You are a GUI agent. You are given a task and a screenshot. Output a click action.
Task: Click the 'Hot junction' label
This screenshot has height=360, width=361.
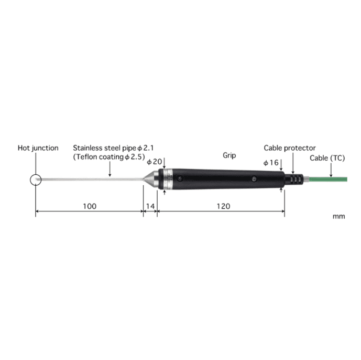click(38, 148)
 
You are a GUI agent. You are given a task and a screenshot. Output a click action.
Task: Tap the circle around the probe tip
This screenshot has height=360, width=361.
click(30, 180)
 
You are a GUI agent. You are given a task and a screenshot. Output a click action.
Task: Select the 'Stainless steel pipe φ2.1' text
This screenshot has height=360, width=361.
click(113, 148)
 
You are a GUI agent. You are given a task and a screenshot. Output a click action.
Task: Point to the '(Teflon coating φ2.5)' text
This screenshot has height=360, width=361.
click(109, 157)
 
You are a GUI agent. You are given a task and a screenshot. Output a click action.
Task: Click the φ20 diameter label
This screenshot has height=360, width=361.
click(154, 162)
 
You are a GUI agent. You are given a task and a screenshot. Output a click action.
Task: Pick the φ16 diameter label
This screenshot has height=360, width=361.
click(271, 163)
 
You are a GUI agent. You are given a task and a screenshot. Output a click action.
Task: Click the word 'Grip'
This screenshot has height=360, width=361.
click(229, 155)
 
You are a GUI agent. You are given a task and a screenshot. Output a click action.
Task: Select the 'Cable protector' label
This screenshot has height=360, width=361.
click(290, 148)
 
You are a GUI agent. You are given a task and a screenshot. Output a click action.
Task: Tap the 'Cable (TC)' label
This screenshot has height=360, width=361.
click(327, 158)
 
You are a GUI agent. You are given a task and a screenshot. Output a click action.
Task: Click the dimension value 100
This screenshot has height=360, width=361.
click(90, 206)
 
